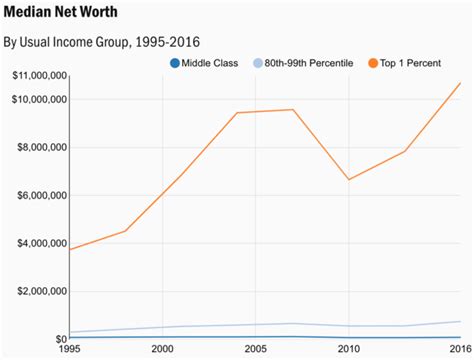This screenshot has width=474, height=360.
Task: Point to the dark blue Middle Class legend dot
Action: point(176,64)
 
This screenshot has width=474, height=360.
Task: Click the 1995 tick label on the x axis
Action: point(69,349)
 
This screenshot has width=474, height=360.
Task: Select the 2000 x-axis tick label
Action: point(161,349)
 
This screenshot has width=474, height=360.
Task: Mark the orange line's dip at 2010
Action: point(347,179)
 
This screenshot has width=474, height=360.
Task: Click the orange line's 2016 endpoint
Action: point(460,83)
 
